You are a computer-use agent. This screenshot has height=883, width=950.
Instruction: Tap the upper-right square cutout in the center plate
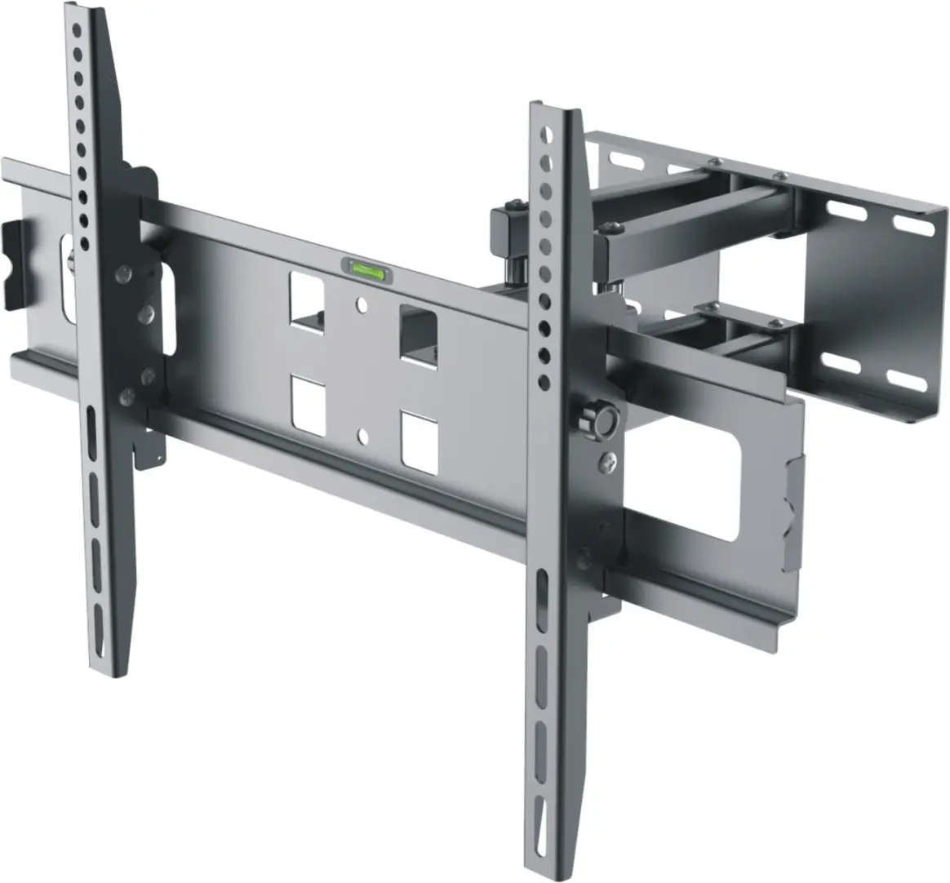pos(418,333)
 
